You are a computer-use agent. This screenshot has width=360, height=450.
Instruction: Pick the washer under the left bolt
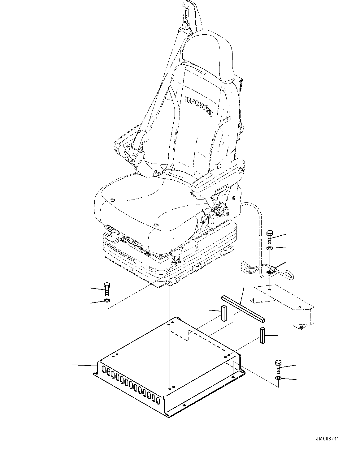(107, 301)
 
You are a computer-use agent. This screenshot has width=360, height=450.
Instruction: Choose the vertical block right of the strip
(263, 336)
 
